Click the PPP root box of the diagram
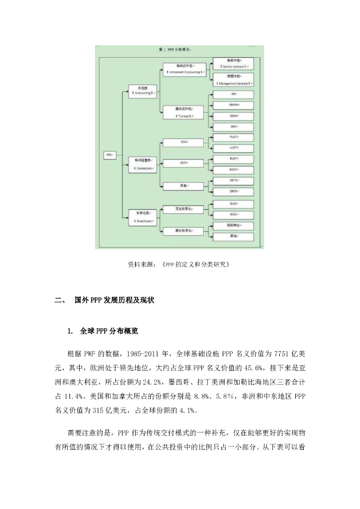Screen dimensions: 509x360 coord(109,155)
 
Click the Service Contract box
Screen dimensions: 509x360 coord(233,63)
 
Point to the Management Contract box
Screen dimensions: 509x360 coord(233,81)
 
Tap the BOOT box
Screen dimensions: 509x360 coord(233,169)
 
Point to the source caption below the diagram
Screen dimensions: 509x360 coord(180,264)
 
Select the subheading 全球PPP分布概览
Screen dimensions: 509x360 coord(112,331)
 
